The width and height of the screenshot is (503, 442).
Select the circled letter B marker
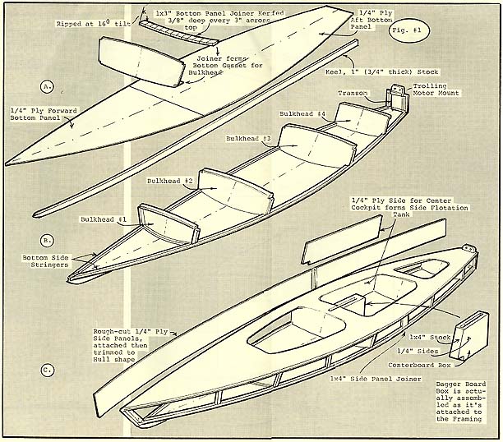pos(47,241)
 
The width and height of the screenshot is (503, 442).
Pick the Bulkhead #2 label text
pos(170,180)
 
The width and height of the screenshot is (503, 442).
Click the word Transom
pos(353,93)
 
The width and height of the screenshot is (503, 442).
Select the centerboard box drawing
pos(471,334)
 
